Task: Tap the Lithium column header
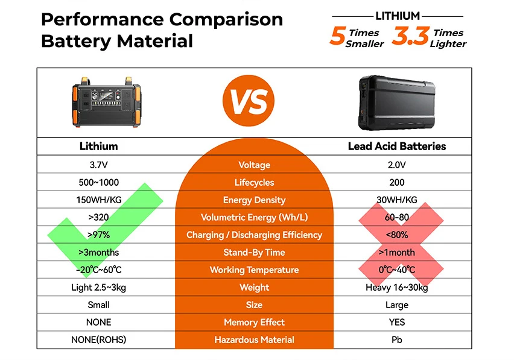(98, 147)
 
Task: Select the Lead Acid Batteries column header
(397, 147)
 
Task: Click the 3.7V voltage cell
(98, 165)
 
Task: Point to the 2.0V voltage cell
(396, 165)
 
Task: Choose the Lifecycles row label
(254, 182)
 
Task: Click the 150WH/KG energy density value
(98, 200)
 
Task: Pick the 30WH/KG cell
(396, 200)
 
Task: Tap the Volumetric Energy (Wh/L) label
(254, 217)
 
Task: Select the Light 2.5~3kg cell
(98, 287)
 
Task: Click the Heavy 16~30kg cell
(396, 287)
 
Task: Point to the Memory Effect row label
(254, 322)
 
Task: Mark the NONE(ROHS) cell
(98, 339)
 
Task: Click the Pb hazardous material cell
(396, 339)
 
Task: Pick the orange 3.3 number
(410, 37)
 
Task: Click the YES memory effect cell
(396, 322)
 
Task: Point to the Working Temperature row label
(254, 270)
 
